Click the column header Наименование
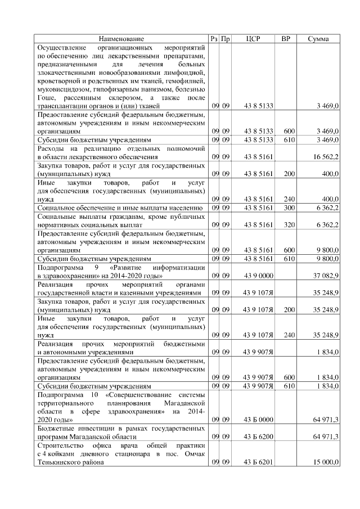click(121, 39)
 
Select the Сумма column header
click(318, 39)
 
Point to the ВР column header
click(286, 39)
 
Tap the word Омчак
click(190, 453)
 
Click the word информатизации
click(177, 268)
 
